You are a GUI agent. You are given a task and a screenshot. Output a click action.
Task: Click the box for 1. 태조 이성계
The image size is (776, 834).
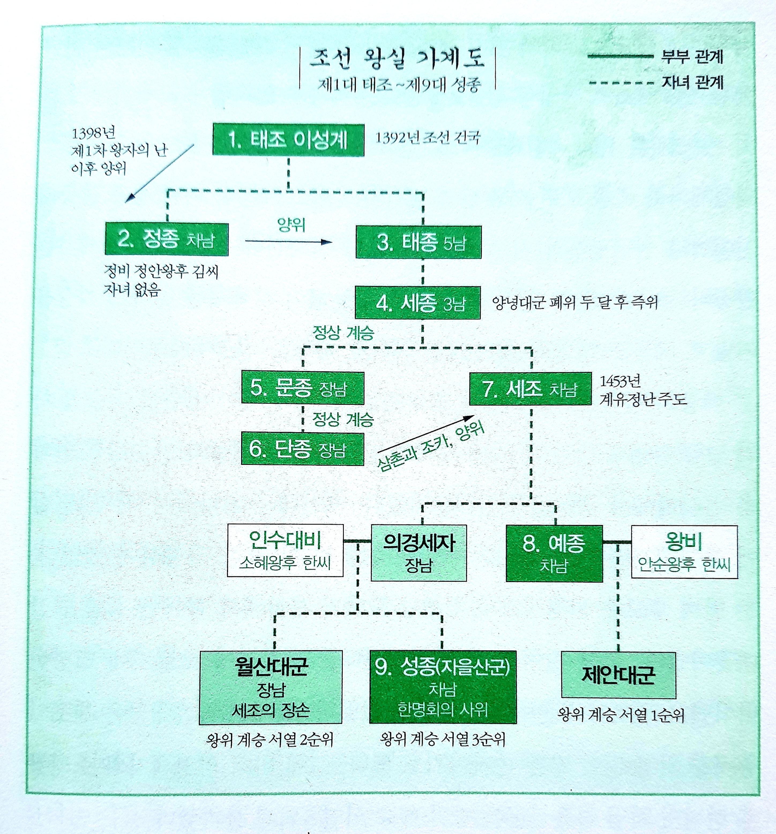[288, 140]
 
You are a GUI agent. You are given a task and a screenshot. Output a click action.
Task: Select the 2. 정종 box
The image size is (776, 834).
[166, 239]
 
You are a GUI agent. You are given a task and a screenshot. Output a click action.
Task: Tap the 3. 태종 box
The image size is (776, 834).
[418, 242]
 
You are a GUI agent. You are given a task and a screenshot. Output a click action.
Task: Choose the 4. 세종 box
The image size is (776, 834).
[417, 303]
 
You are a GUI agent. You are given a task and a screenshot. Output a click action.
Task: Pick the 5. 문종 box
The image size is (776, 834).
[302, 388]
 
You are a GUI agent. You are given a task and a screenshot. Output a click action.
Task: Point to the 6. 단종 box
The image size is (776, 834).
[302, 449]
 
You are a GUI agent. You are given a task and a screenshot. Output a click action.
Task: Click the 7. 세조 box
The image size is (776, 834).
[530, 389]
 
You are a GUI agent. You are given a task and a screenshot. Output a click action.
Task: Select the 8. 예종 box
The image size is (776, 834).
[554, 553]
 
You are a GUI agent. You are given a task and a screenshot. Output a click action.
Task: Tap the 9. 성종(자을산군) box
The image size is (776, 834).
[443, 687]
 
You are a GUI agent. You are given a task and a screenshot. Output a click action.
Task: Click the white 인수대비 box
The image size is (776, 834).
[285, 550]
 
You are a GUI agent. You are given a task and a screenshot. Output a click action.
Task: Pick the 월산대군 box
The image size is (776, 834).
[270, 687]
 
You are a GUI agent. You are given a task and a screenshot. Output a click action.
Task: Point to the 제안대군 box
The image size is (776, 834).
[618, 675]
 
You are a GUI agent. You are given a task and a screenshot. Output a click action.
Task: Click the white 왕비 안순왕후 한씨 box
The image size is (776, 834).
[684, 552]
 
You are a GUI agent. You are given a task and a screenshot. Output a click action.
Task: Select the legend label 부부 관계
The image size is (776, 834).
[692, 57]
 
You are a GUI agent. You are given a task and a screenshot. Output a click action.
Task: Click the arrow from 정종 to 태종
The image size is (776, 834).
[288, 242]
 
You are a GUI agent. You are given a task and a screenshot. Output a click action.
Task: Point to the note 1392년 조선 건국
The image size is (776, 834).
[428, 138]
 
